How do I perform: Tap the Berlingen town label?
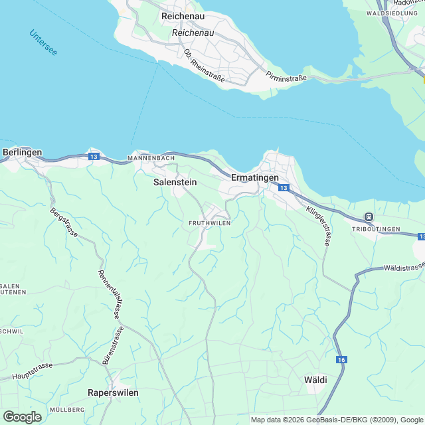pyautogui.click(x=22, y=152)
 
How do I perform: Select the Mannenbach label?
pyautogui.click(x=151, y=159)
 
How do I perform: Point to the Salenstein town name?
pyautogui.click(x=175, y=181)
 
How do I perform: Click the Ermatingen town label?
pyautogui.click(x=255, y=178)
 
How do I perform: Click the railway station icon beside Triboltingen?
pyautogui.click(x=369, y=217)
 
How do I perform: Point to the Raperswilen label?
pyautogui.click(x=113, y=392)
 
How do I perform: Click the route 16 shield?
pyautogui.click(x=341, y=359)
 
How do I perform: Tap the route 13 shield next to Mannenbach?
pyautogui.click(x=94, y=157)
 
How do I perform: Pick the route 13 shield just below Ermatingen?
pyautogui.click(x=284, y=189)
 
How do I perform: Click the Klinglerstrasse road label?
pyautogui.click(x=318, y=226)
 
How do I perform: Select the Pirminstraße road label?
pyautogui.click(x=286, y=78)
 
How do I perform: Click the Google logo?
pyautogui.click(x=22, y=416)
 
